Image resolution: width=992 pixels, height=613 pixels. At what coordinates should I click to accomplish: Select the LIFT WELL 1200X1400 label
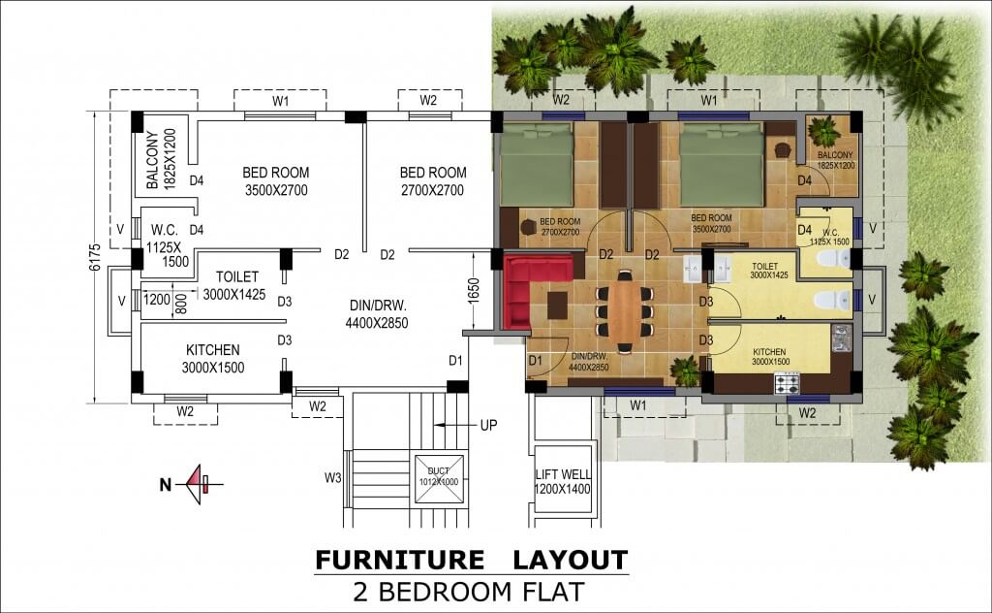[x=563, y=482]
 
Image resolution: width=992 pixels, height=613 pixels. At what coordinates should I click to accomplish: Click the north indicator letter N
[x=167, y=481]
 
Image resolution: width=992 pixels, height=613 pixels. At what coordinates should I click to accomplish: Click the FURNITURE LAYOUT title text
[x=471, y=560]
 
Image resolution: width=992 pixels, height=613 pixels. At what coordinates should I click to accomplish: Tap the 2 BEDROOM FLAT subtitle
[x=471, y=589]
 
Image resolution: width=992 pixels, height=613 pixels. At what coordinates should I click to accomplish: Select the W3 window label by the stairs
[x=333, y=476]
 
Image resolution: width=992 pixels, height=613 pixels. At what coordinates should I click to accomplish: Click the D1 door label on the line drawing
[x=455, y=361]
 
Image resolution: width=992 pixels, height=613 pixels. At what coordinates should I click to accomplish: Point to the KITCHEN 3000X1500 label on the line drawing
[x=213, y=358]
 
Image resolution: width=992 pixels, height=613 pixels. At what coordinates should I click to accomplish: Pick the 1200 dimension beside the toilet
[x=158, y=300]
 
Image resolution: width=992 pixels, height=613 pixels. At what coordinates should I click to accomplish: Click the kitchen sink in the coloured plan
[x=840, y=339]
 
